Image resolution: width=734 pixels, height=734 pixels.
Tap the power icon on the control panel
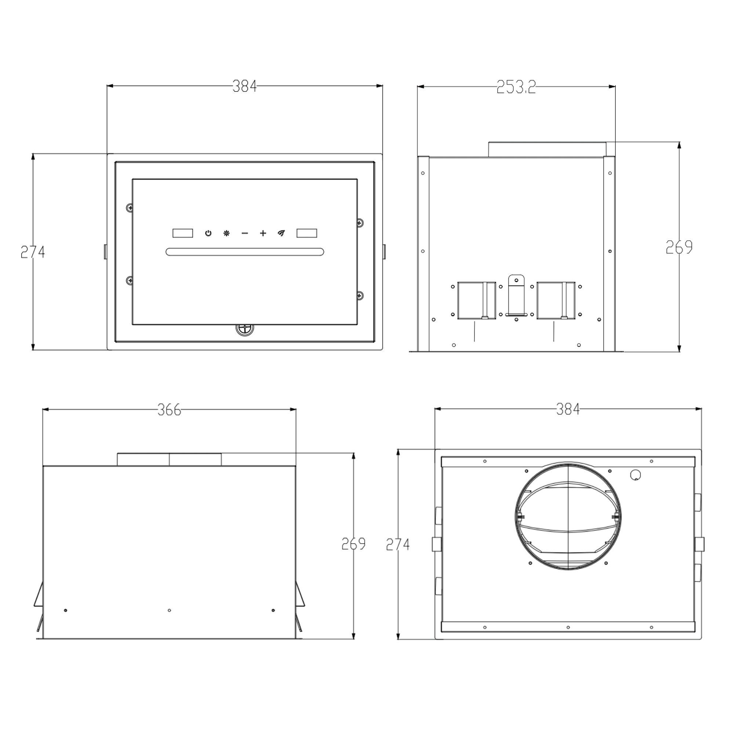(208, 233)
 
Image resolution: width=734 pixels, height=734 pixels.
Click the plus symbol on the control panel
(263, 233)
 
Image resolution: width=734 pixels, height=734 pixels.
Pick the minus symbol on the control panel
(245, 233)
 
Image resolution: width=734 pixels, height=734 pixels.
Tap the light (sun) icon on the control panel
(226, 233)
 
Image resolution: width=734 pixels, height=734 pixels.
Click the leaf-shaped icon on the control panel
(281, 233)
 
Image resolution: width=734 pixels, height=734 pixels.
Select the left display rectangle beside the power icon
(183, 233)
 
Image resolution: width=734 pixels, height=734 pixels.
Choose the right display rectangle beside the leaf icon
(306, 233)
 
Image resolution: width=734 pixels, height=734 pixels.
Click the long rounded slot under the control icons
(245, 252)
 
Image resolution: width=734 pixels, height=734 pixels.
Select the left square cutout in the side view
(476, 301)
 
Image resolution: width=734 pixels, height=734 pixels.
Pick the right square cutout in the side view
(556, 301)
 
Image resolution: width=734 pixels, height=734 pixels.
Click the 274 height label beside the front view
(33, 252)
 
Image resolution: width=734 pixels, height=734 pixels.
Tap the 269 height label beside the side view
(679, 248)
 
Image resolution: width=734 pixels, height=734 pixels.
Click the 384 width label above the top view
(568, 409)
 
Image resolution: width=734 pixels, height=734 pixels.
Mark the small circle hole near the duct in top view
(635, 475)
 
